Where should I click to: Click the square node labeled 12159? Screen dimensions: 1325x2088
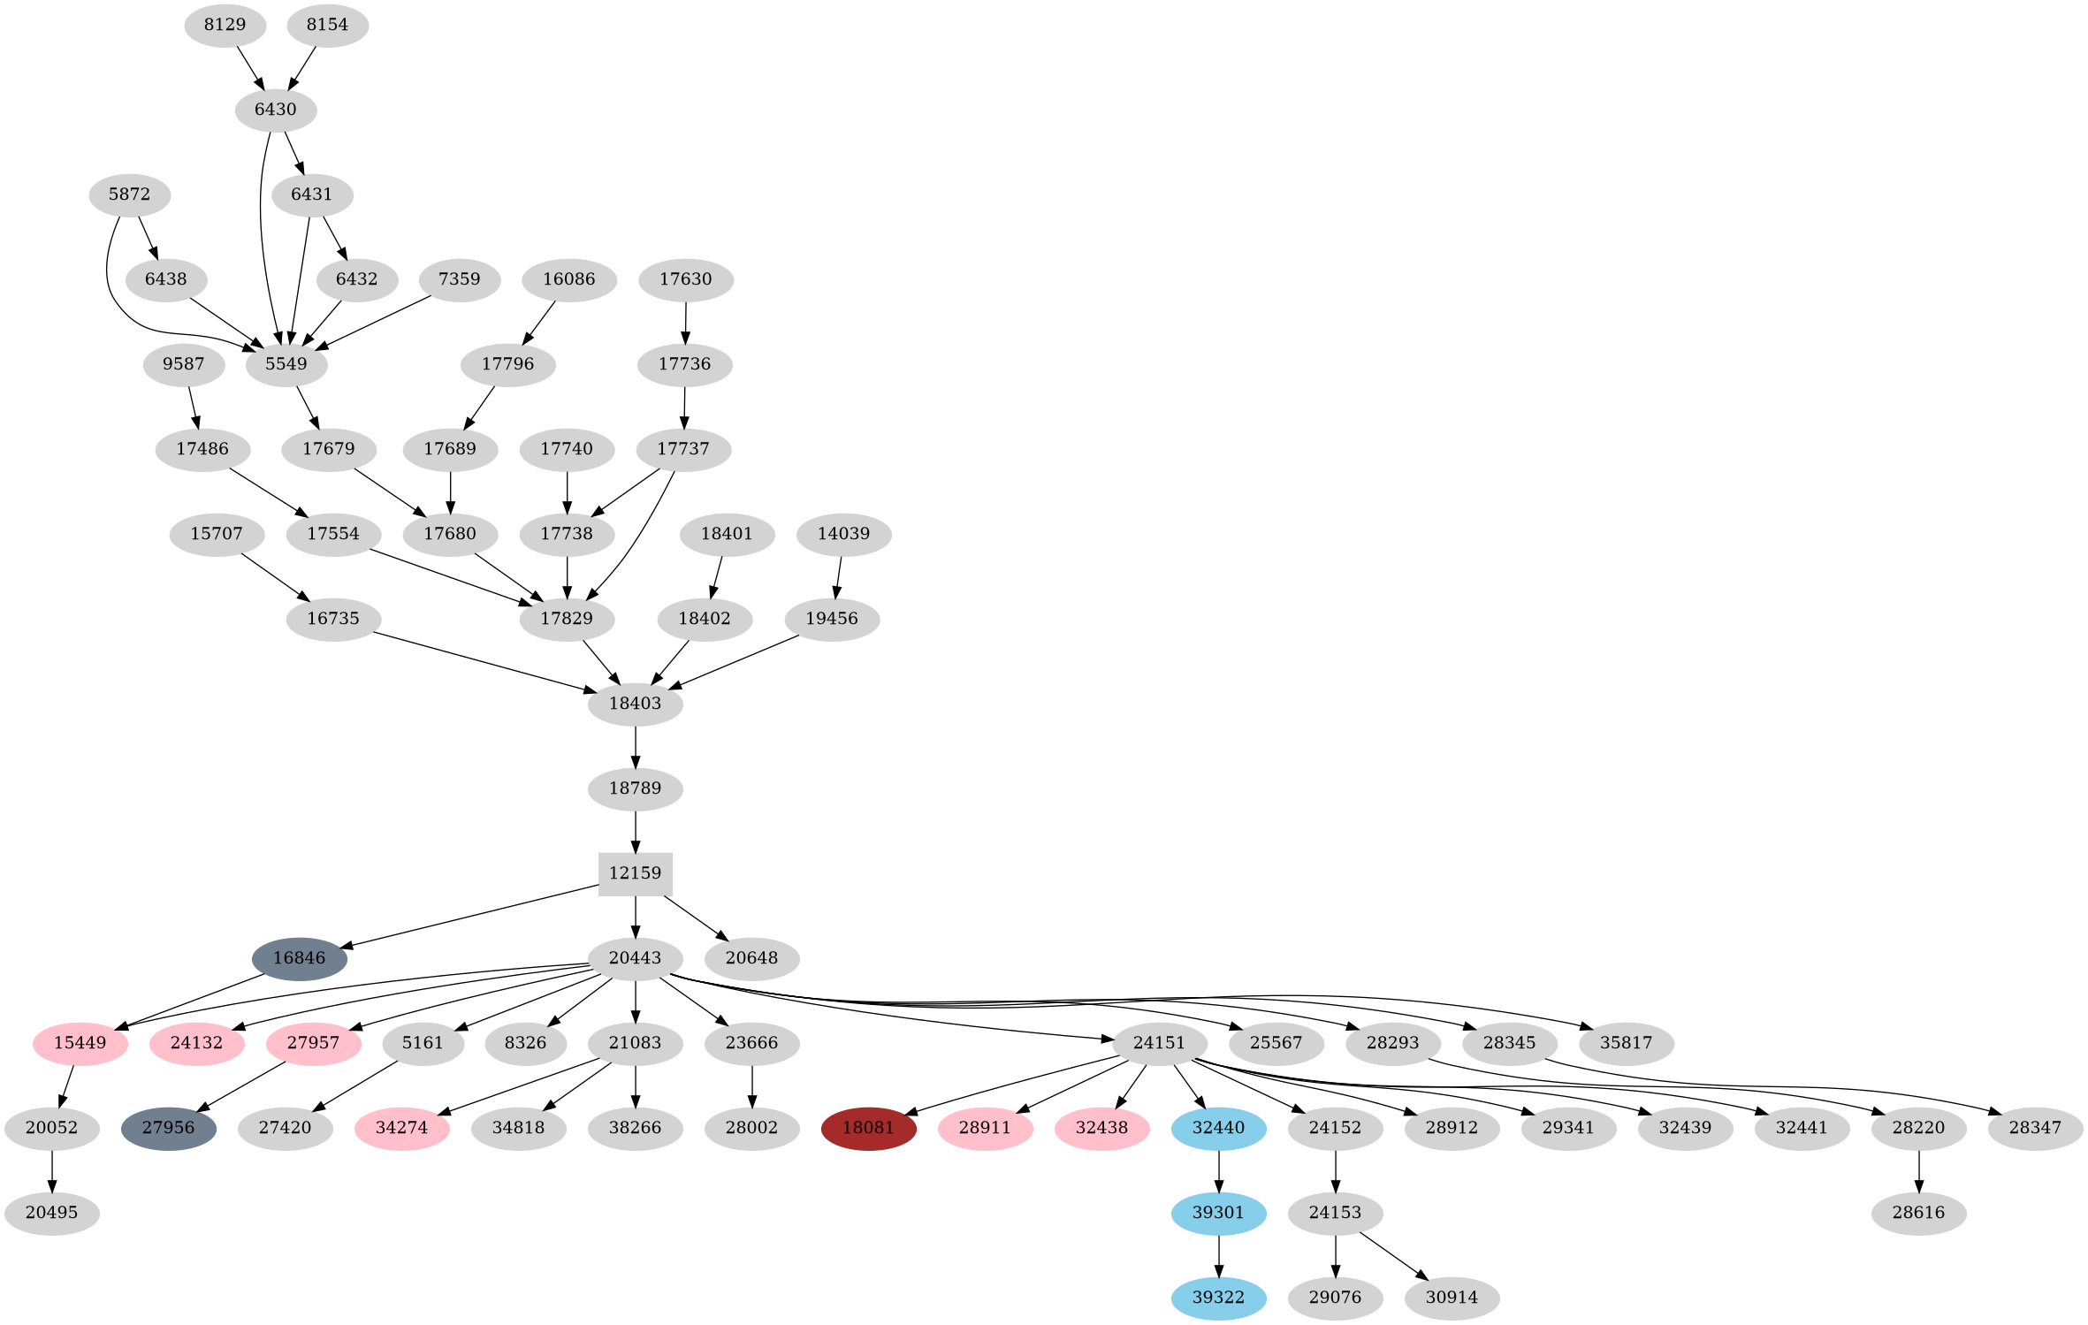635,873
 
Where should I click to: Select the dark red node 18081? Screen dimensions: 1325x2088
868,1128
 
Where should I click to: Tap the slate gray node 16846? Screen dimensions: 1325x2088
299,958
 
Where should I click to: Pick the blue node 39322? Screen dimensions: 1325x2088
1218,1298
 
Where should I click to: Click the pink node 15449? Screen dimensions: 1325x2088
80,1043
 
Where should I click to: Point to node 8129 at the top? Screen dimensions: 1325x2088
225,25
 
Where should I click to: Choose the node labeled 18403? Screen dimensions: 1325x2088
635,704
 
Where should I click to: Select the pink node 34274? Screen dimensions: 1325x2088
401,1128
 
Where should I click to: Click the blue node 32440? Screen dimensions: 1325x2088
1218,1128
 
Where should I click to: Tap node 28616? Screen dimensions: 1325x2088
1918,1213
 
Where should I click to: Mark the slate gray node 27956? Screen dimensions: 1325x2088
168,1128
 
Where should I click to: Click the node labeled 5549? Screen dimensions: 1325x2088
286,364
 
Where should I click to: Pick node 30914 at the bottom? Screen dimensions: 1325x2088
1452,1298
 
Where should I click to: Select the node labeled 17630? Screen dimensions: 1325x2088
685,279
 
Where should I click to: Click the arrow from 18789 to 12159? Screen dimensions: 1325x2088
635,831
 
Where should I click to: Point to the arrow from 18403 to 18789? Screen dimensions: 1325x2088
635,746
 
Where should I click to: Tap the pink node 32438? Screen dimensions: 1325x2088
1101,1128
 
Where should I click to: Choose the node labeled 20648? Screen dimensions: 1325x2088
751,958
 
